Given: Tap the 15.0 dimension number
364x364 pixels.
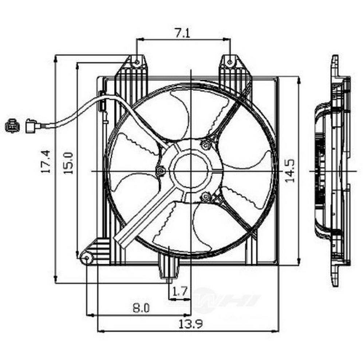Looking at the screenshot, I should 69,162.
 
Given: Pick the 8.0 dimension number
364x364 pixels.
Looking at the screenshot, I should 141,308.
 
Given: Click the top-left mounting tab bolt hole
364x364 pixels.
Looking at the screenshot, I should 136,62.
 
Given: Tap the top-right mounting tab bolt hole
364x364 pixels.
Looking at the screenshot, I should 230,62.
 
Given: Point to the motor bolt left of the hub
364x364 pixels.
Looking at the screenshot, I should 161,170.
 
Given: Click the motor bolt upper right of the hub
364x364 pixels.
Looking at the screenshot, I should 206,145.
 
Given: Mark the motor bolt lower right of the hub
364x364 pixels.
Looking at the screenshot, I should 206,197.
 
